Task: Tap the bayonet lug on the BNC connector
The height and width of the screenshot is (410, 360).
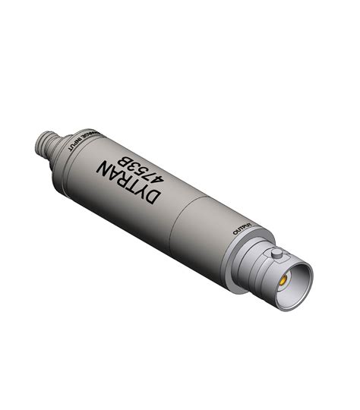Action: tap(277, 253)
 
